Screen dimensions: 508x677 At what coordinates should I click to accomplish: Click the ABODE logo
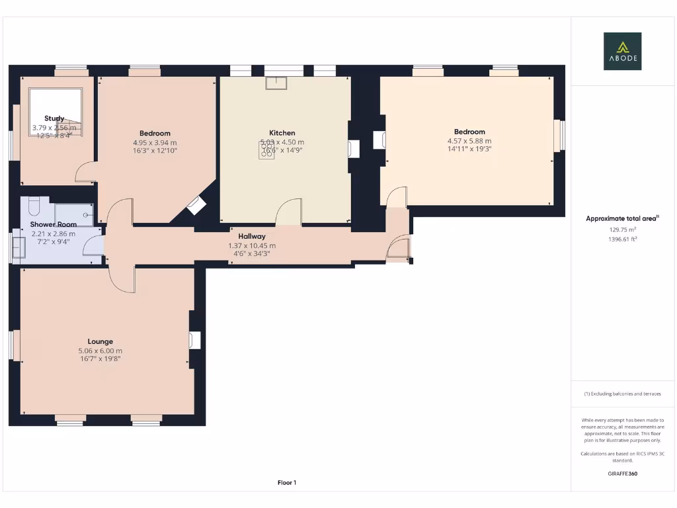621,51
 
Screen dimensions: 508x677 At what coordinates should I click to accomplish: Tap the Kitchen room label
282,133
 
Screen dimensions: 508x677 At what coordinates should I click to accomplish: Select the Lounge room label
100,342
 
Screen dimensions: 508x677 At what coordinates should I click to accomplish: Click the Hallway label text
252,236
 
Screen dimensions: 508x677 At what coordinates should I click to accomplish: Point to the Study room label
54,118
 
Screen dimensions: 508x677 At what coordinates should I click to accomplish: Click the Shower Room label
54,225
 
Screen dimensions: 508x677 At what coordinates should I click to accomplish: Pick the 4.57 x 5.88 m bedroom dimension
469,141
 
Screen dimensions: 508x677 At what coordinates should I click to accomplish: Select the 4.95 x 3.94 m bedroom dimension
155,142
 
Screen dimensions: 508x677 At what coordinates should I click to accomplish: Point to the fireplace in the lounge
194,340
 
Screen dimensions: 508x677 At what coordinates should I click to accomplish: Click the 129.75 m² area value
622,230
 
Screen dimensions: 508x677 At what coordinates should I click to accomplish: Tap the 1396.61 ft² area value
622,239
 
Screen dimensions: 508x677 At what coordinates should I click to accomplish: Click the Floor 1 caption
287,483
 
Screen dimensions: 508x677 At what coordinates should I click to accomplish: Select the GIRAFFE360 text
622,474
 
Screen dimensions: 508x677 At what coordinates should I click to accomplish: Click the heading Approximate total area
622,218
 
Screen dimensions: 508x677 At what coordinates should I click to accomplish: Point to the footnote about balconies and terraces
622,394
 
